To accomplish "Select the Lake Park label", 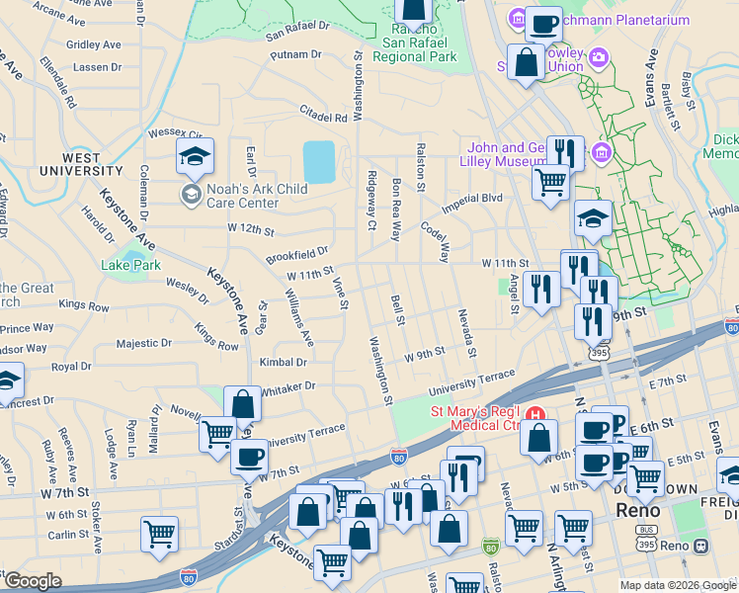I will (130, 265).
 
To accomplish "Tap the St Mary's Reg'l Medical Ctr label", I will (474, 419).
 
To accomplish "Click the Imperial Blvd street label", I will (472, 199).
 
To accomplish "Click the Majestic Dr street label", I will (144, 343).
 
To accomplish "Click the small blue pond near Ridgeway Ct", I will (319, 161).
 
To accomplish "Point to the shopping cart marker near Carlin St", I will (159, 535).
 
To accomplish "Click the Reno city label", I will (637, 511).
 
